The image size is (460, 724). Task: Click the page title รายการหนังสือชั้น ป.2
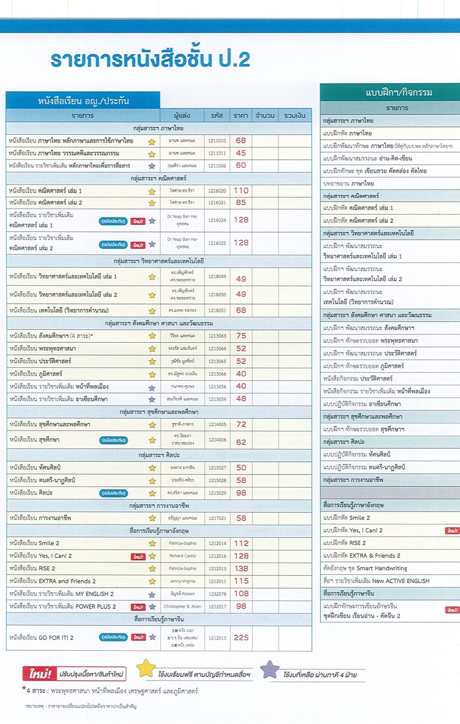pos(150,60)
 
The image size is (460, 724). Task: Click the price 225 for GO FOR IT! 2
pos(241,637)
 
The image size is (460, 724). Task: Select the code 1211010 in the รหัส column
pos(217,141)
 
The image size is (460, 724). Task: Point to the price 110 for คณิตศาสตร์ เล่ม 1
pos(241,191)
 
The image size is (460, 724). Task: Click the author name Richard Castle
pos(182,556)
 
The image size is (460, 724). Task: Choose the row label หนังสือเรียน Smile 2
pos(34,543)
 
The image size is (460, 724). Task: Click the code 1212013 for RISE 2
pos(217,569)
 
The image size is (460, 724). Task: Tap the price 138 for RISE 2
pos(241,569)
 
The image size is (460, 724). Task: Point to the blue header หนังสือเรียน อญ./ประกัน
pos(83,101)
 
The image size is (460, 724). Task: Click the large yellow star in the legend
pos(146,669)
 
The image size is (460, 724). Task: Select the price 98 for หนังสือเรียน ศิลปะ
pos(241,493)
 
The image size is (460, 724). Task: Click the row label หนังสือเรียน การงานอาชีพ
pos(40,518)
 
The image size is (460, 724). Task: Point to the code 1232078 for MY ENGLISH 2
pos(217,594)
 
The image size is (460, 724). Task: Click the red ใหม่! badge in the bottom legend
pos(38,674)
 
